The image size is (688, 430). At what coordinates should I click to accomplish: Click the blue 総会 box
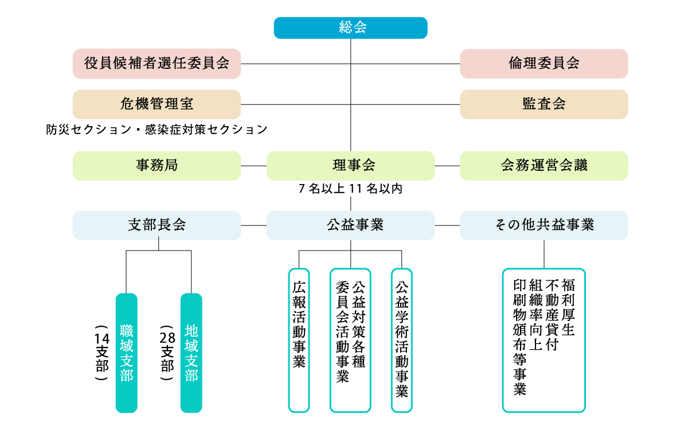(x=350, y=28)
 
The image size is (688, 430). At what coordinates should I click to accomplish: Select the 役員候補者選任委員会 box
(x=157, y=64)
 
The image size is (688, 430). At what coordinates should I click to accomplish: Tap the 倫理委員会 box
(x=544, y=64)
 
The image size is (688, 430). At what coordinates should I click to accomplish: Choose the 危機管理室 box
(x=157, y=104)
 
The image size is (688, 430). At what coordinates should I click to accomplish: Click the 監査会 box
(x=544, y=104)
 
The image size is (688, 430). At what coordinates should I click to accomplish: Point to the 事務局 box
(x=157, y=166)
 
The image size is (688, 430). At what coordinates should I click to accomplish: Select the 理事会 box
(x=350, y=166)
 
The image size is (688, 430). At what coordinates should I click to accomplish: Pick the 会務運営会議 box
(x=544, y=166)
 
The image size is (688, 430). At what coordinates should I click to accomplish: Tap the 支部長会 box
(x=157, y=225)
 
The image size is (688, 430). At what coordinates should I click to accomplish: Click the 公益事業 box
(x=350, y=225)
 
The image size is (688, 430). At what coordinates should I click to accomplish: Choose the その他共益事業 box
(x=544, y=225)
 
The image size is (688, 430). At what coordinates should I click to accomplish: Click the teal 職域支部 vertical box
(x=127, y=353)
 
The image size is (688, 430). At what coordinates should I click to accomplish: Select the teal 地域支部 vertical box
(x=191, y=353)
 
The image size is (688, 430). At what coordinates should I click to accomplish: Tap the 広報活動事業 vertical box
(x=299, y=340)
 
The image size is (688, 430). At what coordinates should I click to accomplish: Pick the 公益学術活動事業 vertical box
(x=401, y=340)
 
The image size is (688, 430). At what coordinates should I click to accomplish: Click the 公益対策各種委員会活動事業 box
(x=350, y=340)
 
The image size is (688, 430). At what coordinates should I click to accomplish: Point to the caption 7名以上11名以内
(x=350, y=189)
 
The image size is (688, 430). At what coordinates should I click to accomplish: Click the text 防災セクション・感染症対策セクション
(x=157, y=130)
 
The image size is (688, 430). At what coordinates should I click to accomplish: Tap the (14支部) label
(x=102, y=353)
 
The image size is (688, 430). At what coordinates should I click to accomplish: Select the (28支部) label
(x=167, y=353)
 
